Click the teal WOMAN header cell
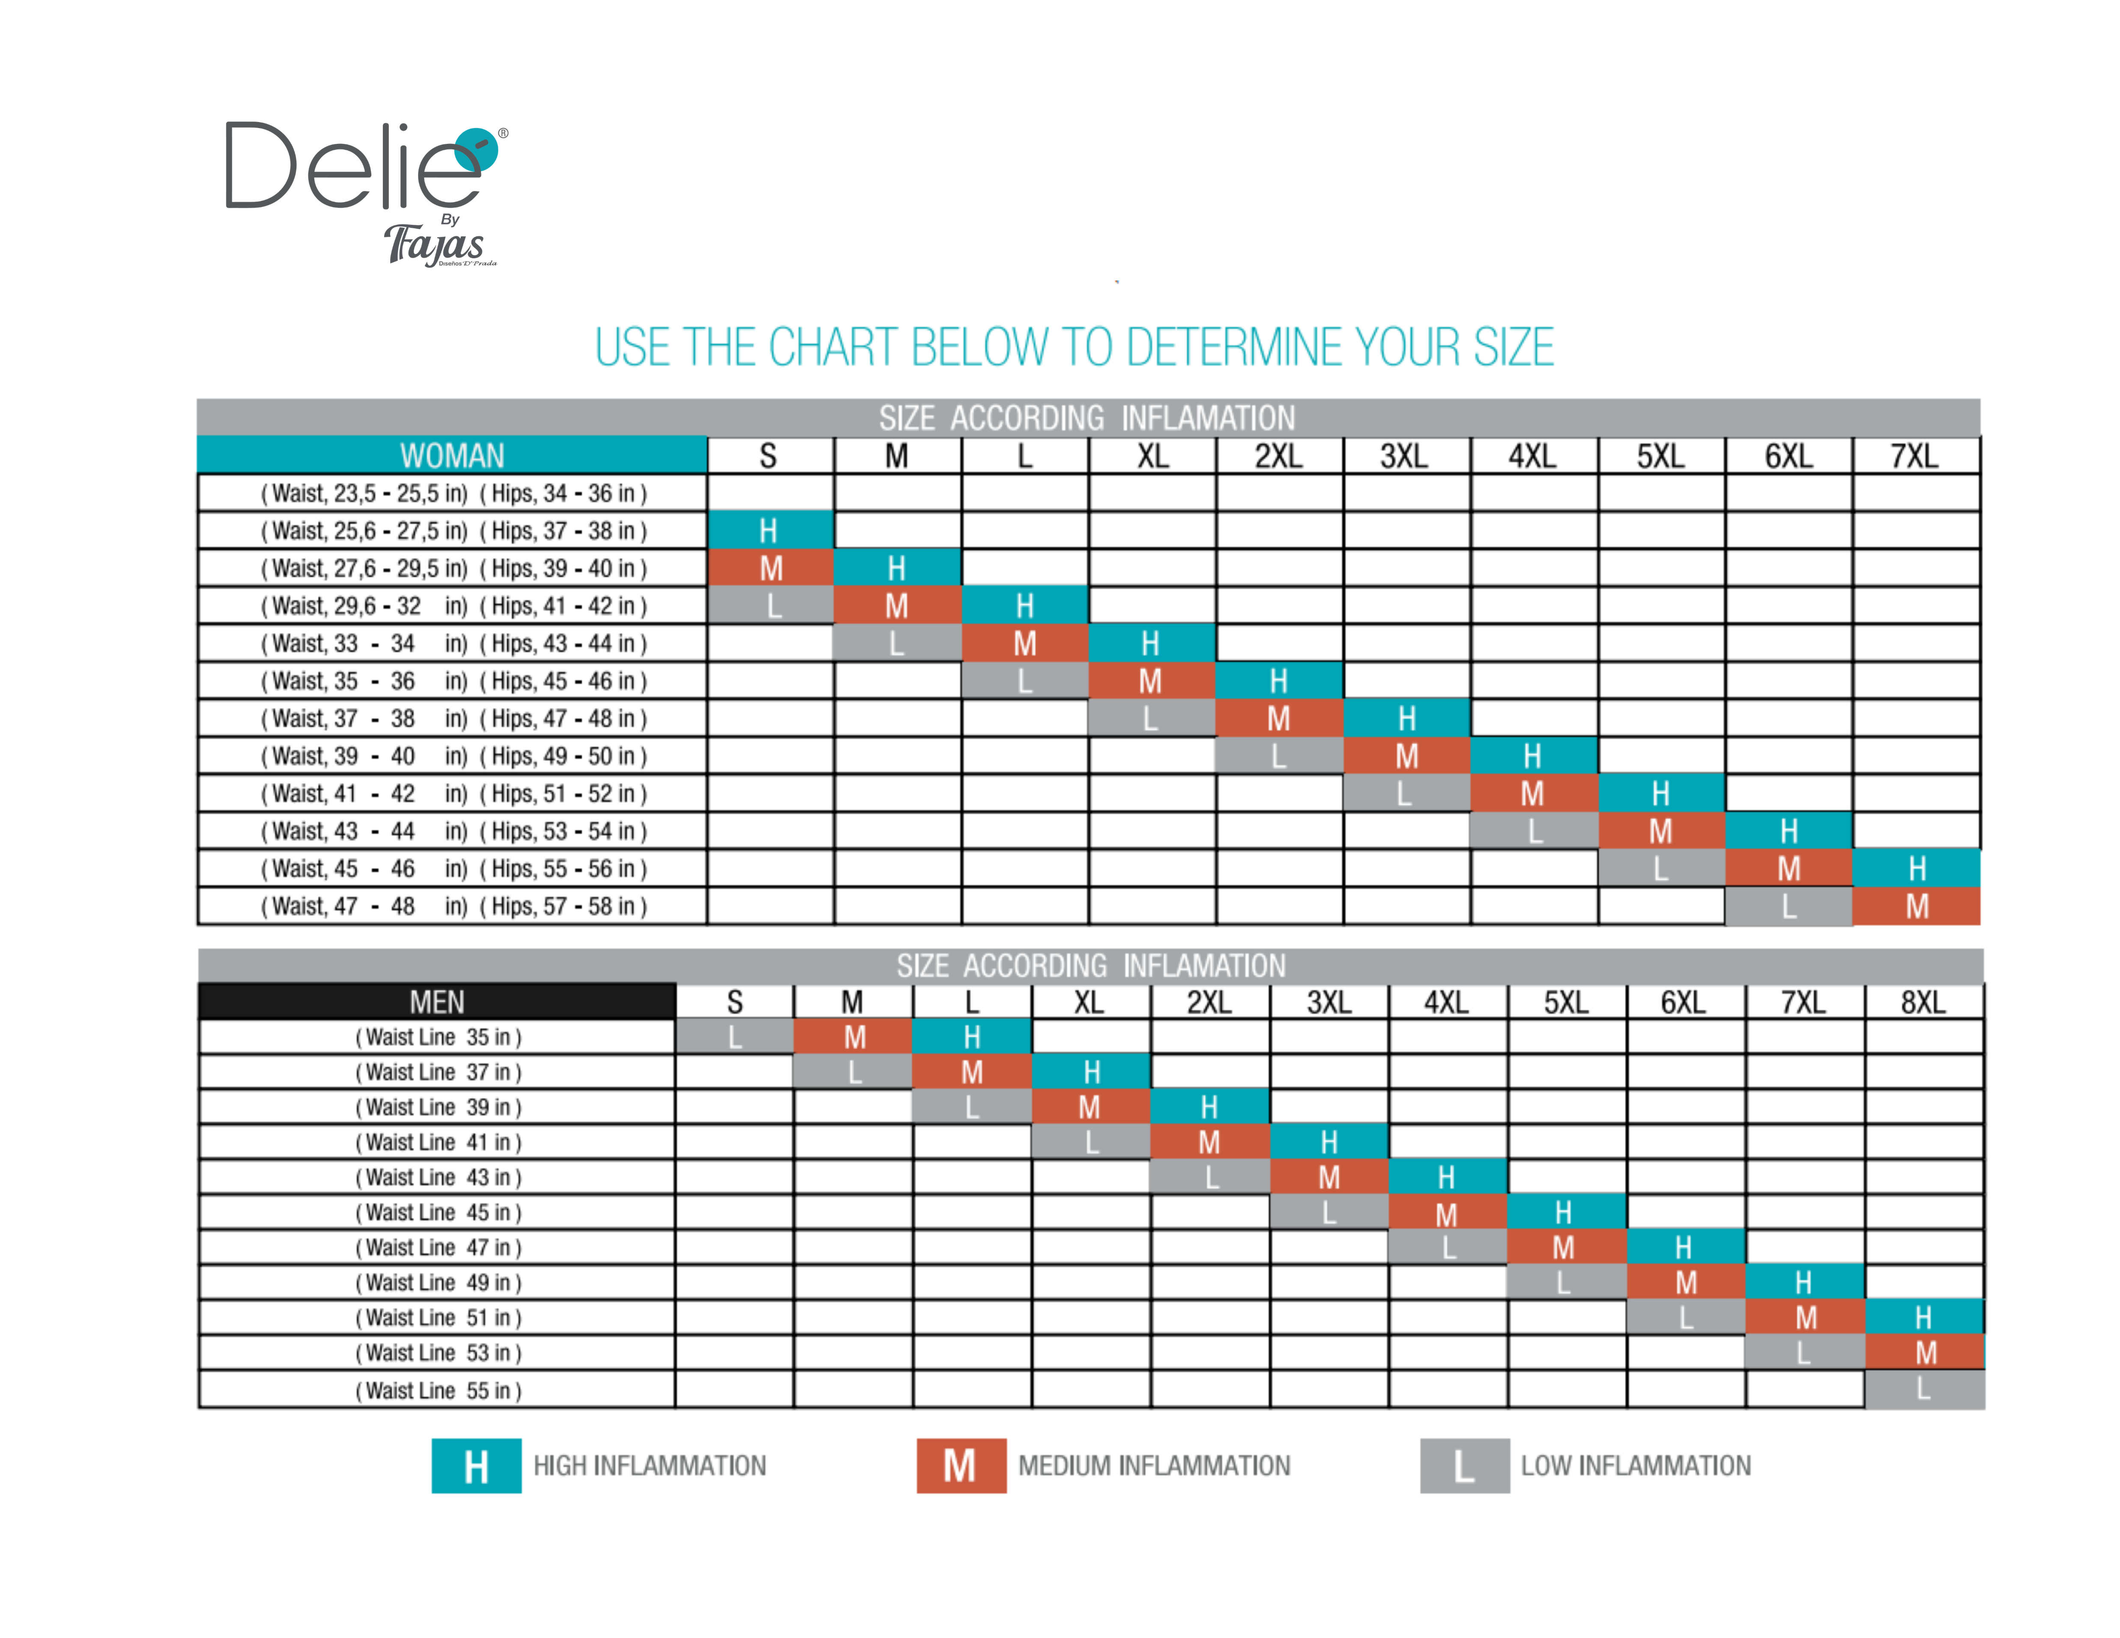[452, 455]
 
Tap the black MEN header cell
[437, 1002]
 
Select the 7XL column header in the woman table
[1915, 455]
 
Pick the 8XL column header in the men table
[1923, 1002]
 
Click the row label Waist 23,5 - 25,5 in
[452, 493]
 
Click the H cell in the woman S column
[770, 530]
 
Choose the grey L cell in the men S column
[735, 1036]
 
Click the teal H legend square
[476, 1465]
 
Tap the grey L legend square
[1464, 1465]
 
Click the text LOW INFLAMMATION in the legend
[1636, 1465]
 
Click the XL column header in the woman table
[1152, 455]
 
